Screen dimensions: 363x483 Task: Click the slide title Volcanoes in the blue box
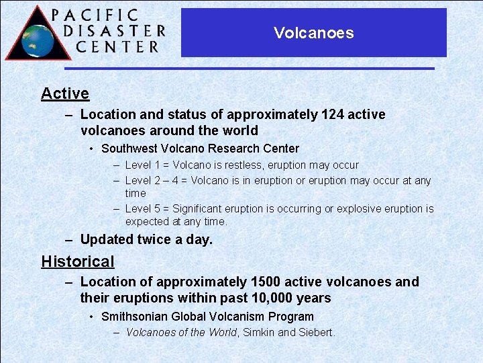pyautogui.click(x=313, y=33)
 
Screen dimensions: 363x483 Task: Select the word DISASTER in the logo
pyautogui.click(x=114, y=31)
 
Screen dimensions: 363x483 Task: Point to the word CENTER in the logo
pyautogui.click(x=117, y=47)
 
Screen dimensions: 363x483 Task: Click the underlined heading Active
pyautogui.click(x=65, y=93)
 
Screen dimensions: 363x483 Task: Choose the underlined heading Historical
pyautogui.click(x=78, y=261)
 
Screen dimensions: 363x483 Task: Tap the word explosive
pyautogui.click(x=363, y=209)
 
